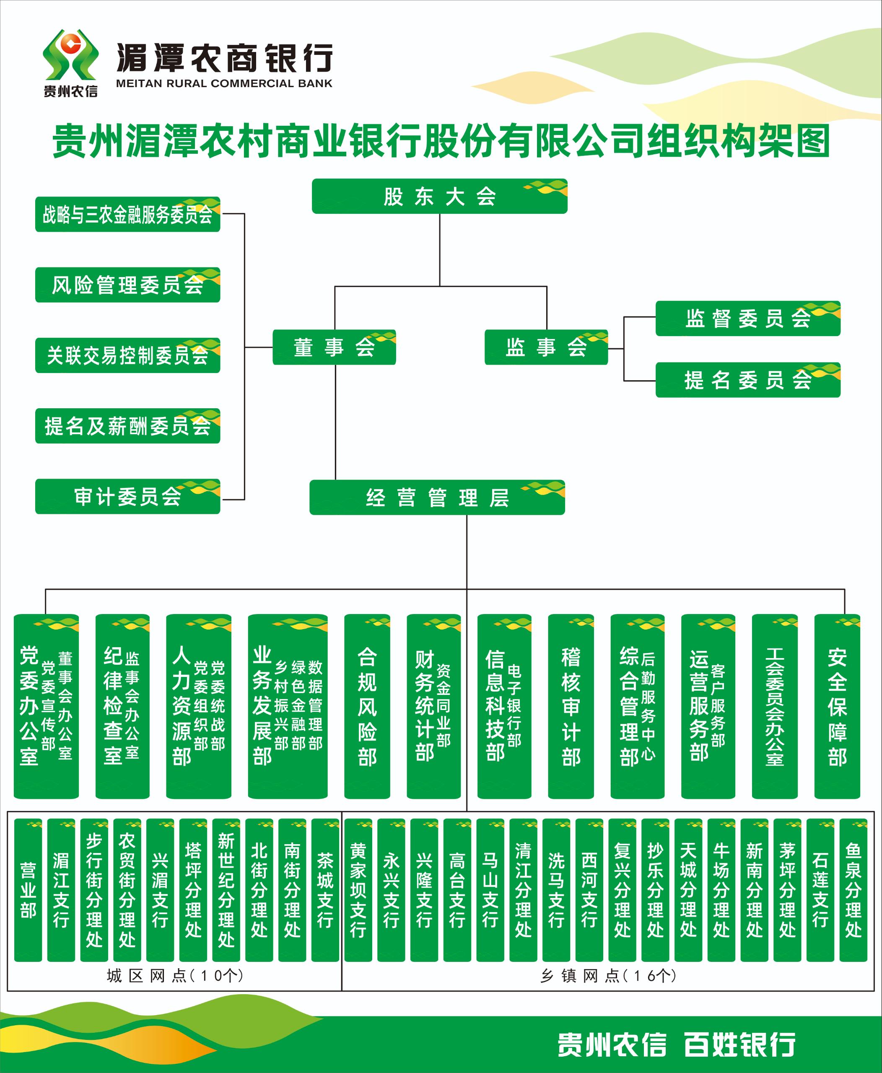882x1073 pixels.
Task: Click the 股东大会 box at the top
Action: click(x=439, y=196)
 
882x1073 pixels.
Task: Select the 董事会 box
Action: click(x=334, y=347)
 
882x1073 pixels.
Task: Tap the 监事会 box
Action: click(x=546, y=347)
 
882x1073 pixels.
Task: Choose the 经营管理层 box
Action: click(x=437, y=498)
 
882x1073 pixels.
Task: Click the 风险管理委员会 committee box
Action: click(x=127, y=285)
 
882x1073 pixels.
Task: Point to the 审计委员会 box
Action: click(x=127, y=496)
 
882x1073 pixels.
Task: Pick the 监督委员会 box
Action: click(x=748, y=319)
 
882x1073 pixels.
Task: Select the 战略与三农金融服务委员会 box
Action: click(x=127, y=215)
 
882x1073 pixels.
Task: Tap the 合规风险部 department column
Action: click(x=367, y=706)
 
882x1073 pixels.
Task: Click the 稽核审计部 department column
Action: click(x=571, y=706)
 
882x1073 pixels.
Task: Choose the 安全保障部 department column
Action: click(x=837, y=706)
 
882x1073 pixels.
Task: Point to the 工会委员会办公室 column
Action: click(x=775, y=706)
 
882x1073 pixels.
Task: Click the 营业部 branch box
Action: click(x=28, y=890)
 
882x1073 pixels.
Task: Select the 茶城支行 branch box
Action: click(x=325, y=890)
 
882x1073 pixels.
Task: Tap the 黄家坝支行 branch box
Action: click(x=358, y=890)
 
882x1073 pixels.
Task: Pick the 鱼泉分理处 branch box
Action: click(x=853, y=890)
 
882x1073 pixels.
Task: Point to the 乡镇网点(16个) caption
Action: click(x=608, y=976)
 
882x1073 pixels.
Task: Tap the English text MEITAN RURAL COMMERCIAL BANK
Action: click(x=224, y=83)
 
